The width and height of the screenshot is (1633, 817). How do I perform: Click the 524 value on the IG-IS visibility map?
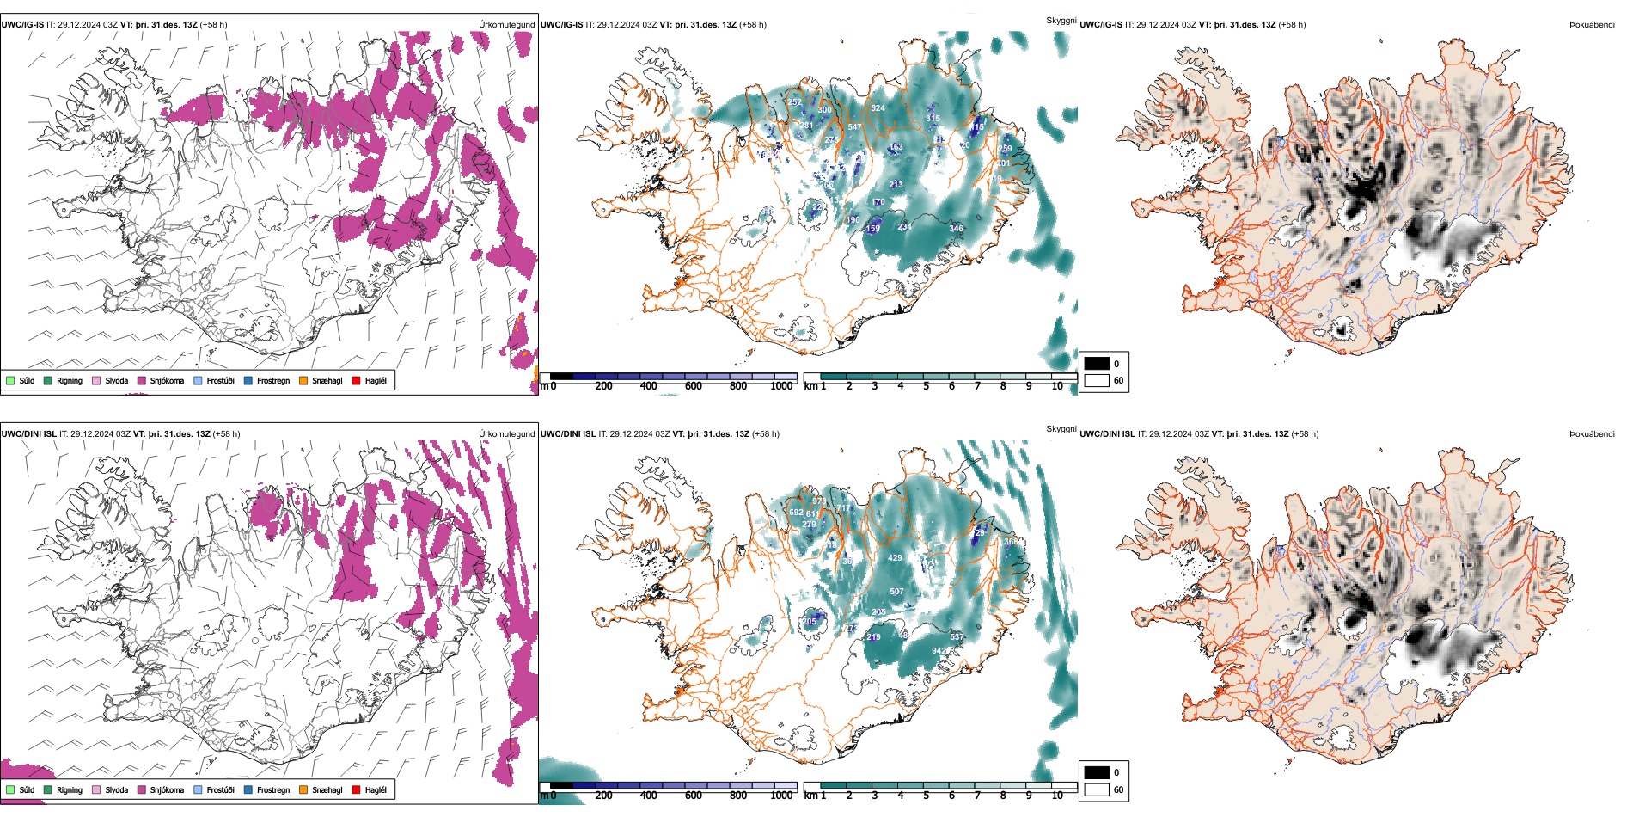[878, 108]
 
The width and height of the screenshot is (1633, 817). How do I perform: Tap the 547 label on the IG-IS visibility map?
[854, 127]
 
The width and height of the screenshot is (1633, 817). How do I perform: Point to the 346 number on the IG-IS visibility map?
[956, 229]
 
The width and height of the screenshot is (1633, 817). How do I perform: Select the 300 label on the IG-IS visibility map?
[824, 110]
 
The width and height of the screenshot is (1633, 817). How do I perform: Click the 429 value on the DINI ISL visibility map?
[895, 558]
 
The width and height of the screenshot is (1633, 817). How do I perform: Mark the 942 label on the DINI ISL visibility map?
[939, 651]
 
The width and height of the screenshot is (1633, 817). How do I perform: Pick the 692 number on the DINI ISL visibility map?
[796, 513]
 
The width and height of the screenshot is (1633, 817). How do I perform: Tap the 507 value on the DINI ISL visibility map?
[896, 592]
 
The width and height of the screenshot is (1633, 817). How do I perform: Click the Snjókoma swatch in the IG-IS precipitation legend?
[142, 380]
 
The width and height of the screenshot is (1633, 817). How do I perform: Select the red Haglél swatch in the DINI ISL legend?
[356, 789]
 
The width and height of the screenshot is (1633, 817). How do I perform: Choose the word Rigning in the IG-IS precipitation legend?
[70, 380]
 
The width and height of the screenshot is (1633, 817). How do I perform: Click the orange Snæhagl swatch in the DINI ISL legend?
[303, 789]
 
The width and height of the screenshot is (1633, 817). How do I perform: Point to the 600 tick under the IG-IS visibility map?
[693, 386]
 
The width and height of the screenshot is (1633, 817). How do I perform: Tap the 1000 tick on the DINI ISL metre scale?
[781, 795]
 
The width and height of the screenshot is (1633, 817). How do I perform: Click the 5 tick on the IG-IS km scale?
[926, 386]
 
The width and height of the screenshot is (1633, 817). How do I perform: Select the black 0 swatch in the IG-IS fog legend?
[1097, 364]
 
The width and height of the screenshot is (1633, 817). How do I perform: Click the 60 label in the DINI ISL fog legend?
[1118, 789]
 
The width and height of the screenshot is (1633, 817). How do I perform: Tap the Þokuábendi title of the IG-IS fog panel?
[1592, 25]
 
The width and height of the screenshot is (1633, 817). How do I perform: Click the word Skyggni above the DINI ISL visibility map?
[1061, 428]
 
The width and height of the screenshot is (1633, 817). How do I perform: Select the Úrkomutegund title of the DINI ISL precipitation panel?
[506, 434]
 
